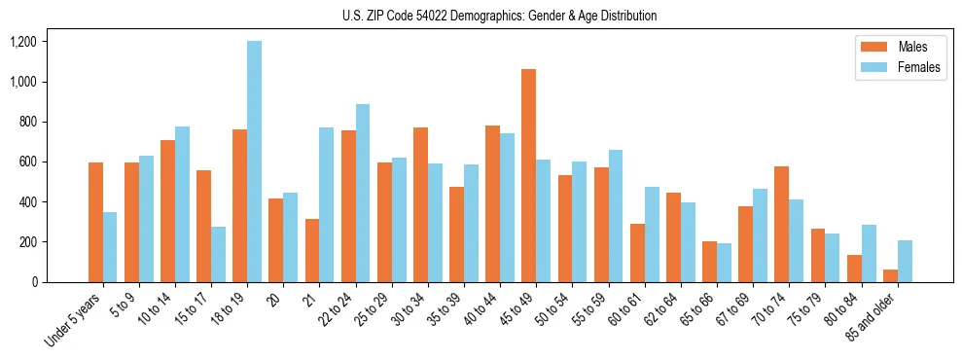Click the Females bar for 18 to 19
click(x=254, y=162)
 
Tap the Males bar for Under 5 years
click(x=95, y=222)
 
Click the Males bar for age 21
click(x=312, y=250)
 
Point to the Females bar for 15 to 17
click(x=218, y=254)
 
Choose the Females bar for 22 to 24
click(x=363, y=193)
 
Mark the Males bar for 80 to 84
click(x=854, y=269)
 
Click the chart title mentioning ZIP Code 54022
click(x=500, y=16)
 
